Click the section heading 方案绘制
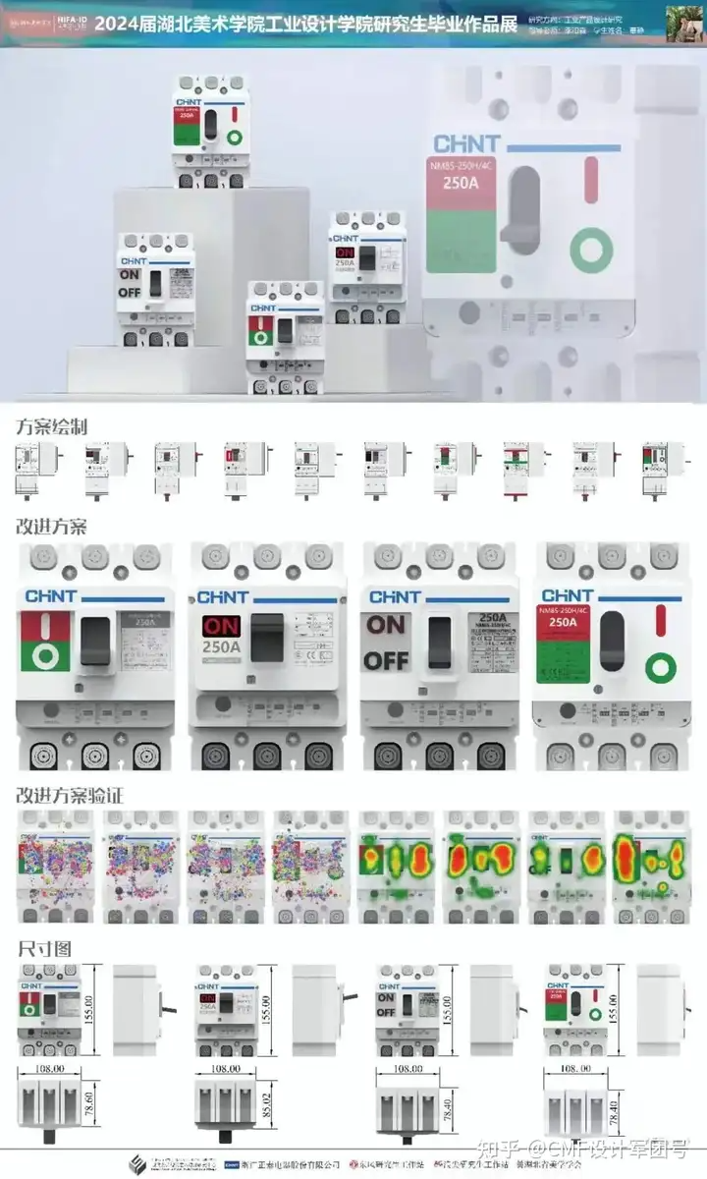pyautogui.click(x=52, y=427)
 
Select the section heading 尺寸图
pyautogui.click(x=43, y=949)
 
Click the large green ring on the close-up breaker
pyautogui.click(x=589, y=251)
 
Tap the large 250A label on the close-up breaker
pyautogui.click(x=461, y=182)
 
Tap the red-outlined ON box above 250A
pyautogui.click(x=220, y=626)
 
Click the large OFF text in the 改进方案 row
pyautogui.click(x=386, y=659)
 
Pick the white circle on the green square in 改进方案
pyautogui.click(x=45, y=653)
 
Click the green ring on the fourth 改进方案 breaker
pyautogui.click(x=660, y=669)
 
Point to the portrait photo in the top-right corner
pyautogui.click(x=686, y=23)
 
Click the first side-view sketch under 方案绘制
pyautogui.click(x=34, y=470)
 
